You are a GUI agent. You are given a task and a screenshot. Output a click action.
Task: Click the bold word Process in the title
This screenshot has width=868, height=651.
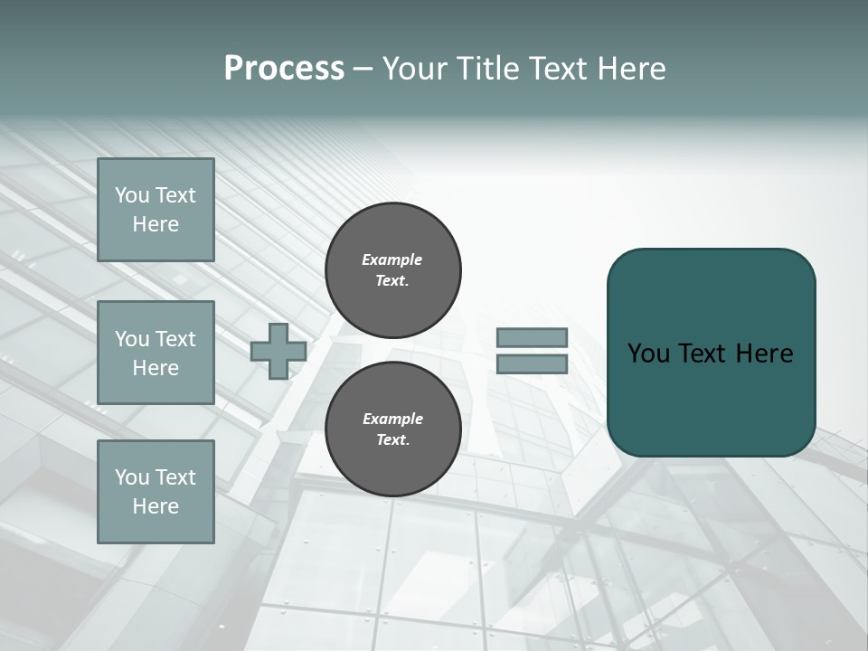click(x=284, y=69)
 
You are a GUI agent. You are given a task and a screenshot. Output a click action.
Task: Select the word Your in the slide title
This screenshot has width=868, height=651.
click(x=417, y=69)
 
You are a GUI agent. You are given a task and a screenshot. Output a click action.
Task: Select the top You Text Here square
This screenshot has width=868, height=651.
click(x=156, y=210)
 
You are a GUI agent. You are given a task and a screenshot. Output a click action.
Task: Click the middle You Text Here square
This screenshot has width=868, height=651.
click(x=156, y=353)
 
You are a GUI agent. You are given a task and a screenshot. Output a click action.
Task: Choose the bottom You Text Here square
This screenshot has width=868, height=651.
click(x=156, y=492)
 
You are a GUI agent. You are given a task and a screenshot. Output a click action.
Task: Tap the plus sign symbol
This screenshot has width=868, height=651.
click(x=278, y=351)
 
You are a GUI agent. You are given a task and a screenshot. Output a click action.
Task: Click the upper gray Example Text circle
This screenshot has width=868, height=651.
click(x=393, y=270)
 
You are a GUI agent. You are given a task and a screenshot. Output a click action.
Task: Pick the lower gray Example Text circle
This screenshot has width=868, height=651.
click(x=393, y=429)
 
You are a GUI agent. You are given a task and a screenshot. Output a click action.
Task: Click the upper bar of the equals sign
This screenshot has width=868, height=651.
click(x=533, y=338)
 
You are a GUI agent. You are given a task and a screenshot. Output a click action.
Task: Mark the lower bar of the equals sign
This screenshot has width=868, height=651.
click(x=533, y=364)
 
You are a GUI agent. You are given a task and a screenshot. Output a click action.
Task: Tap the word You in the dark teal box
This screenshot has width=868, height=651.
click(x=648, y=354)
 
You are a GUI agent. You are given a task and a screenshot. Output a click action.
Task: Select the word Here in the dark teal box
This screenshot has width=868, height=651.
click(x=764, y=354)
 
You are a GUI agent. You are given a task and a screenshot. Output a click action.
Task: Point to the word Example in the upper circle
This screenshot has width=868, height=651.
click(x=392, y=259)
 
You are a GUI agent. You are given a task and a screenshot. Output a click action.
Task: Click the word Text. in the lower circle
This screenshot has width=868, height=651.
click(x=392, y=440)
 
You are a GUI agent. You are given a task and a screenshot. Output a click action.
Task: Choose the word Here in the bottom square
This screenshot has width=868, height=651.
click(x=156, y=506)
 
